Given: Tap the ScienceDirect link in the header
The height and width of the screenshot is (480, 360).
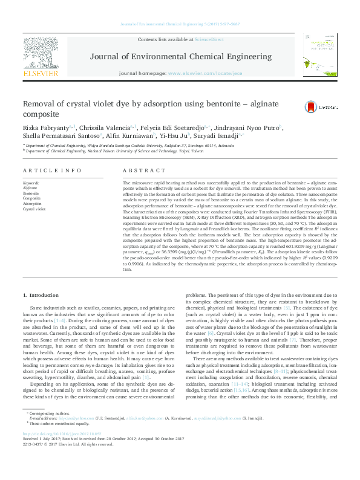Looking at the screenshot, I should (209, 39).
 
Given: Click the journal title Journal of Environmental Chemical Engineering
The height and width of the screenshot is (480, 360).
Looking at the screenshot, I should (180, 56).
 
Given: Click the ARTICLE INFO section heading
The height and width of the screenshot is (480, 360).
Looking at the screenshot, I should (52, 171).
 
